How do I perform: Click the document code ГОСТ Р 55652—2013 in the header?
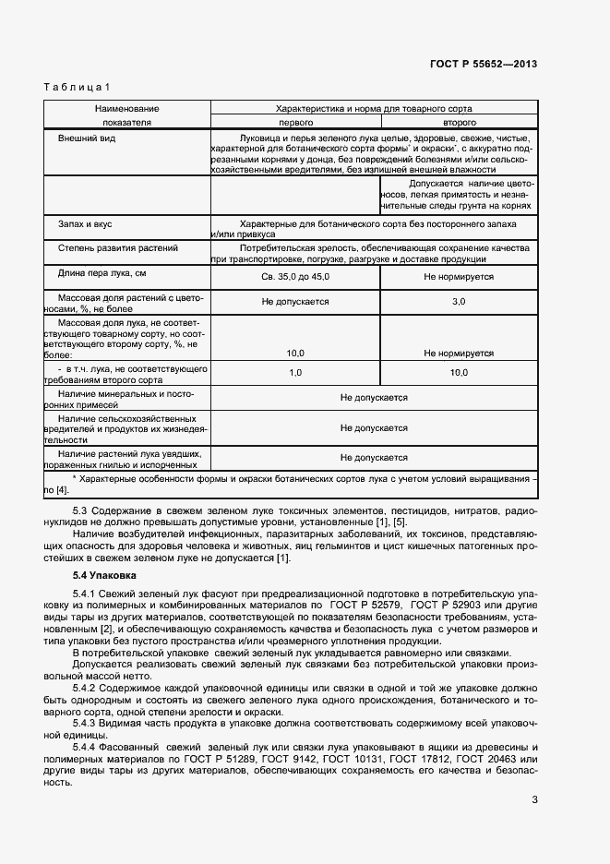[484, 64]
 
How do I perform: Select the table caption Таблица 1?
[77, 88]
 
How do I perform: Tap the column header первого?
[295, 122]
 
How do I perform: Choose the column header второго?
[459, 122]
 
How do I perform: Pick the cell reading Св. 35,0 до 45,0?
[295, 276]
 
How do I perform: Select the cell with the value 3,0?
[459, 302]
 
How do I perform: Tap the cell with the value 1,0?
[295, 372]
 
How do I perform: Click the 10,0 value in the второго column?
[459, 372]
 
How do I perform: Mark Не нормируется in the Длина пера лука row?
[459, 276]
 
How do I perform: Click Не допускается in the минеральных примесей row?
[374, 398]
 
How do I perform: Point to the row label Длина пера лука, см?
[102, 273]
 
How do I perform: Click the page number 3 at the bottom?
[534, 799]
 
